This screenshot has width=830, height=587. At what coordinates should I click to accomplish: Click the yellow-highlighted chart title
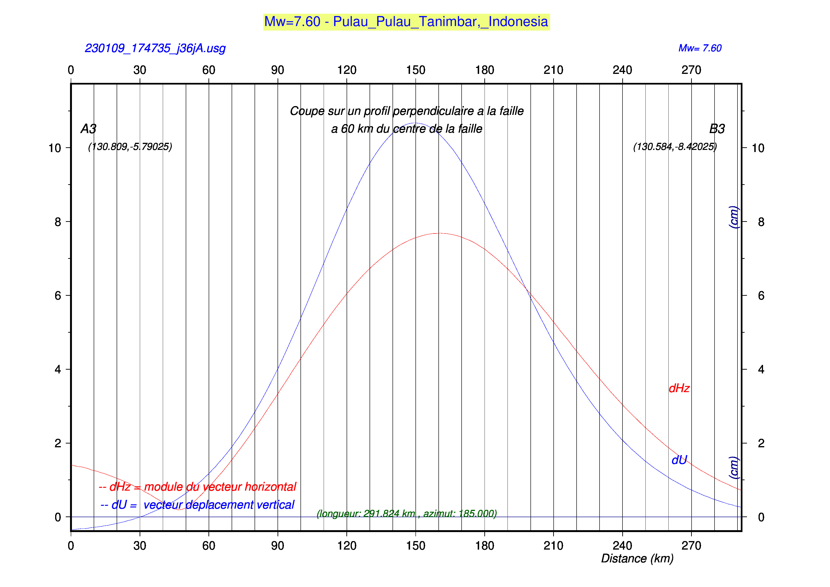(x=406, y=22)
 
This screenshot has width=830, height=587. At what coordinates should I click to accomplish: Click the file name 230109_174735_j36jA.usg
(x=155, y=48)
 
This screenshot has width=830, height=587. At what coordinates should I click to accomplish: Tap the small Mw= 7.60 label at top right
(x=700, y=48)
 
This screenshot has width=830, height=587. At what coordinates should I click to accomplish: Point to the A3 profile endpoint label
(x=88, y=129)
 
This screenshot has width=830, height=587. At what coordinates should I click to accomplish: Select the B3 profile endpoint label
(x=717, y=129)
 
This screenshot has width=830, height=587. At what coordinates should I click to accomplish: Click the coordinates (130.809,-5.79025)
(x=130, y=147)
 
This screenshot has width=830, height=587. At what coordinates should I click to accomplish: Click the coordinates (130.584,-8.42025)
(x=675, y=147)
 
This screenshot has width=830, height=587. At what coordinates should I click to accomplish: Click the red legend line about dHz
(x=197, y=487)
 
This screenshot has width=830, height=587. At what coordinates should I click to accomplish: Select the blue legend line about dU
(x=197, y=505)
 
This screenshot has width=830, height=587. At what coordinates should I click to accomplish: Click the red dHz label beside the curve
(x=679, y=388)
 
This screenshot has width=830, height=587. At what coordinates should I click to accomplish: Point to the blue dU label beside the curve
(x=679, y=460)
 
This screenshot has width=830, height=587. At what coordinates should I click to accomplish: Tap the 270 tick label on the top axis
(x=691, y=70)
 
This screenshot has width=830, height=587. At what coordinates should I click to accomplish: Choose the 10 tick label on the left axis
(x=55, y=148)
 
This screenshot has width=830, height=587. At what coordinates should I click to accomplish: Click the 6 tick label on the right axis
(x=761, y=296)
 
